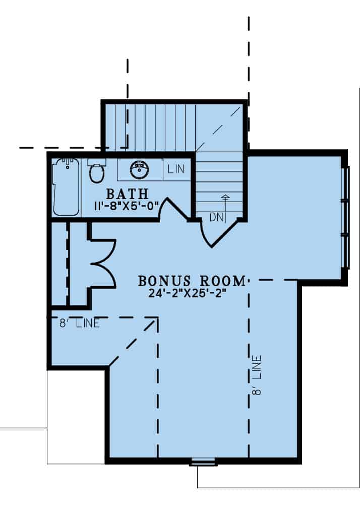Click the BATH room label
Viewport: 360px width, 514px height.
point(127,194)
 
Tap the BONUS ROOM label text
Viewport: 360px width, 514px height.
point(192,281)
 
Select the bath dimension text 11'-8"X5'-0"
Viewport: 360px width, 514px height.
point(127,207)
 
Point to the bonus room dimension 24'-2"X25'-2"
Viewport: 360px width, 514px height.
point(188,293)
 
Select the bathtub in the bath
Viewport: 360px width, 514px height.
point(66,187)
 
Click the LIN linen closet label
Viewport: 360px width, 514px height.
point(176,169)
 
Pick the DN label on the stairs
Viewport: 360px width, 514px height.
point(216,217)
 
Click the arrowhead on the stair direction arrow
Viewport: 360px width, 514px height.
point(225,197)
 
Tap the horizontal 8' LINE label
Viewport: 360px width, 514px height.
point(79,324)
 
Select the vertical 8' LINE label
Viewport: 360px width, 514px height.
point(257,375)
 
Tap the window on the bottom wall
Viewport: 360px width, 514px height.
point(204,462)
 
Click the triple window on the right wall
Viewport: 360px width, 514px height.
point(345,218)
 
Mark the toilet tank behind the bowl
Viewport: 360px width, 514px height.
point(97,162)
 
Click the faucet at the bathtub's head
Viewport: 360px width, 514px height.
point(68,163)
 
